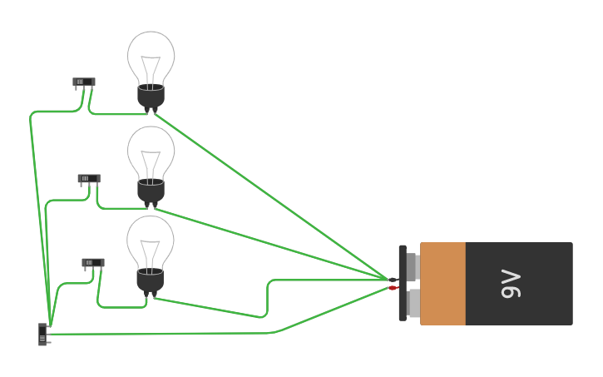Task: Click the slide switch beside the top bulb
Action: pyautogui.click(x=84, y=82)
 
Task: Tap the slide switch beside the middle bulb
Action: pyautogui.click(x=89, y=178)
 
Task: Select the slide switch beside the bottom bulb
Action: pyautogui.click(x=93, y=262)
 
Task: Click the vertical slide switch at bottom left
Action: pyautogui.click(x=42, y=334)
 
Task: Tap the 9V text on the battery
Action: pyautogui.click(x=511, y=284)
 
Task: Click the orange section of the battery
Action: pyautogui.click(x=442, y=283)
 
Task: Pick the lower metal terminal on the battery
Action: pyautogui.click(x=413, y=302)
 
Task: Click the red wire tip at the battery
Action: pyautogui.click(x=393, y=288)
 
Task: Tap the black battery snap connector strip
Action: pyautogui.click(x=403, y=283)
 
